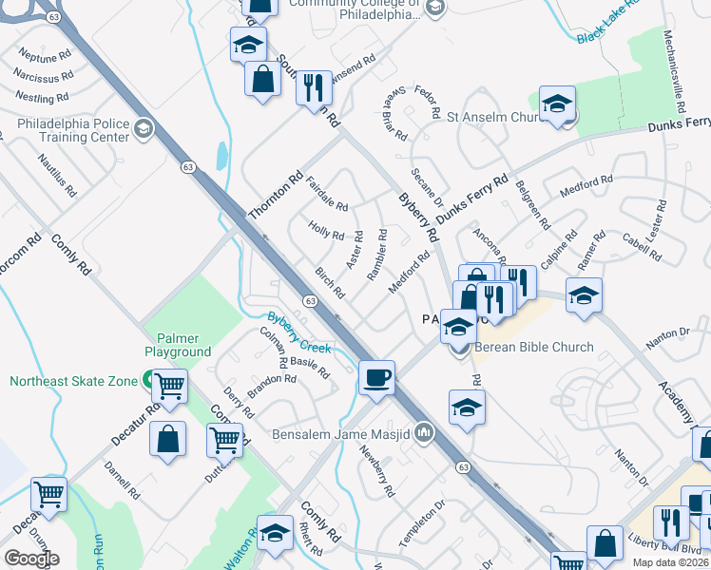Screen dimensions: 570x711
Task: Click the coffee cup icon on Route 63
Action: click(376, 378)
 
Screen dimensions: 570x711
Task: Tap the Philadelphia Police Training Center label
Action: click(73, 131)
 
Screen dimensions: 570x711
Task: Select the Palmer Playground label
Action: click(177, 345)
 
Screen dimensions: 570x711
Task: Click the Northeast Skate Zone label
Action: click(74, 382)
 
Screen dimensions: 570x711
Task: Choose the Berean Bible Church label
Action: click(534, 347)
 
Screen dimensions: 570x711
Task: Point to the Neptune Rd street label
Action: click(40, 56)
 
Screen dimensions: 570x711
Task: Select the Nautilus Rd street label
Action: click(57, 176)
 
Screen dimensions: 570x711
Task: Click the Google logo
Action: click(31, 559)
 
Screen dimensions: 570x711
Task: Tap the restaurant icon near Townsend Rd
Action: click(312, 87)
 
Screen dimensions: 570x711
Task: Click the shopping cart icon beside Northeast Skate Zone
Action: click(169, 386)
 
